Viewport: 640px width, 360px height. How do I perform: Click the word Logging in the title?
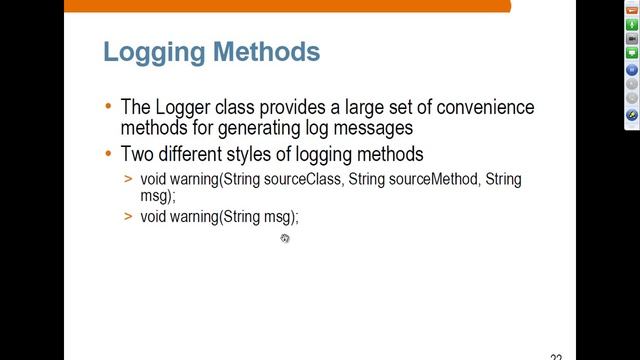(x=153, y=52)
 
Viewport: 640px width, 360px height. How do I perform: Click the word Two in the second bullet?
(x=138, y=155)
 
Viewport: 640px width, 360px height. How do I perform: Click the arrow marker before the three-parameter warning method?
(x=129, y=180)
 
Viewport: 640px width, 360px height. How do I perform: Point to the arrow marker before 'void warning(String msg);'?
(x=129, y=217)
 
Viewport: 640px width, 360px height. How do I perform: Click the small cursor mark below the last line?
(x=285, y=238)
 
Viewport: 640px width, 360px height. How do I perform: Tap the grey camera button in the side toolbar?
(x=631, y=38)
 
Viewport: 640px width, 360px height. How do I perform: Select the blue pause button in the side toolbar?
(x=631, y=70)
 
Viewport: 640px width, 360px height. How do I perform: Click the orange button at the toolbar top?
(x=631, y=10)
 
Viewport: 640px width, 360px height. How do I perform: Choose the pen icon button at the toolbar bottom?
(x=631, y=115)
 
